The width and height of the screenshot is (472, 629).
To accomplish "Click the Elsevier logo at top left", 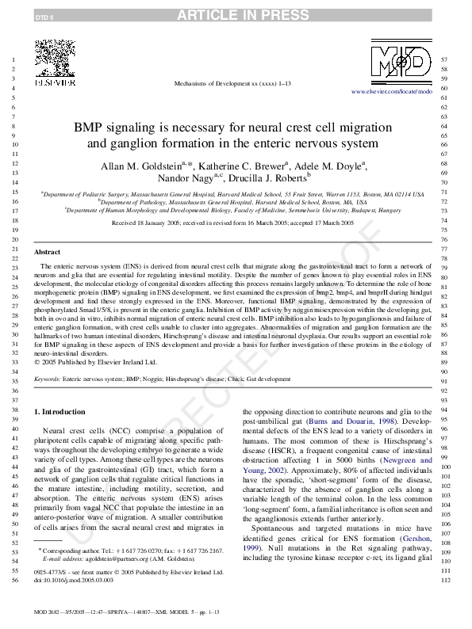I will [x=53, y=60].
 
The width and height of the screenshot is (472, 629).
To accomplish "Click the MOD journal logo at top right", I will [x=402, y=62].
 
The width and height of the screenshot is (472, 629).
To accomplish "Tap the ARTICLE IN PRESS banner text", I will [x=236, y=14].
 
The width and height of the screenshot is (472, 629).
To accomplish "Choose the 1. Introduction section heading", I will [x=62, y=412].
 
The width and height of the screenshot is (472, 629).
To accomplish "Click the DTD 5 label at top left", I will [x=24, y=15].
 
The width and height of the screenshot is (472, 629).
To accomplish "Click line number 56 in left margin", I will [x=15, y=581].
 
